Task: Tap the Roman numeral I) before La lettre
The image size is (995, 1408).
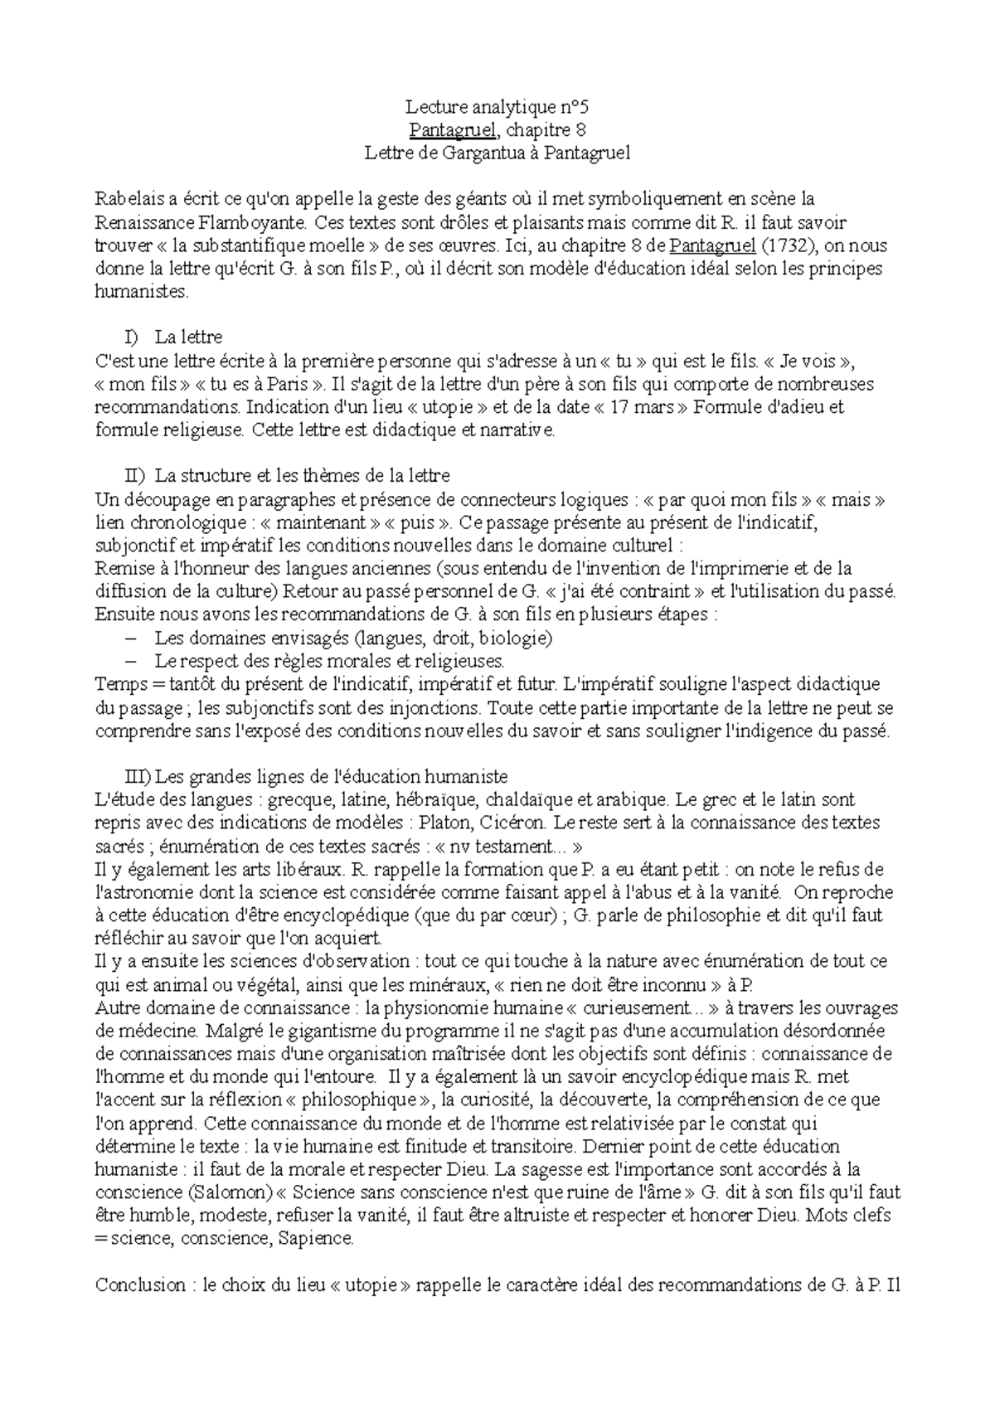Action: tap(130, 337)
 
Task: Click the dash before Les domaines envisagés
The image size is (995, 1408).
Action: tap(129, 638)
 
